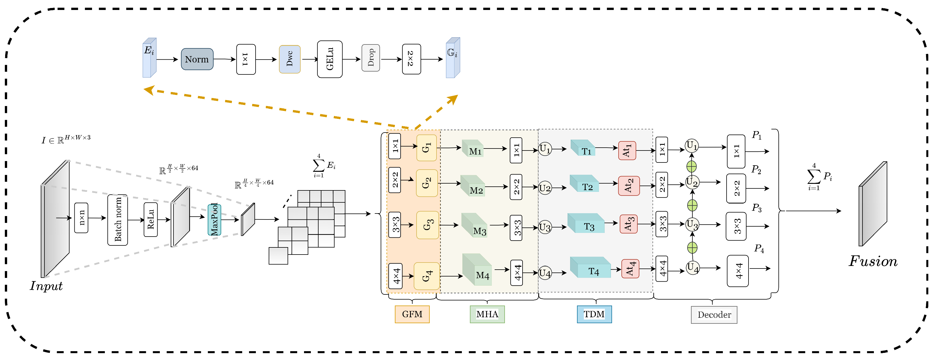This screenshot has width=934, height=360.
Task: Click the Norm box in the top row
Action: [197, 59]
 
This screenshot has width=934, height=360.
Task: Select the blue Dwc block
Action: [290, 59]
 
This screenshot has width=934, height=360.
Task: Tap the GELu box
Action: [330, 59]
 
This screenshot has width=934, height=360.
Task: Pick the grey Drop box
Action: [371, 58]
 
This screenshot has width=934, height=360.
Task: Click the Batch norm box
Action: [117, 220]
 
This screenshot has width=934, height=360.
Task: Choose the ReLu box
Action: [150, 220]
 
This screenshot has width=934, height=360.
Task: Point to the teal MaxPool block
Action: [214, 220]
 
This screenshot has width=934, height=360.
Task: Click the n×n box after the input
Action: [81, 218]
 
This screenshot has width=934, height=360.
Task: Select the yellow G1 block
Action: [426, 148]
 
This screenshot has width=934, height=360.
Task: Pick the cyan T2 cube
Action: [584, 184]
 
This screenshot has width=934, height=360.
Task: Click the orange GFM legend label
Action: [412, 314]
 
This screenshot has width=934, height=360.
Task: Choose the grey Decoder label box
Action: [714, 315]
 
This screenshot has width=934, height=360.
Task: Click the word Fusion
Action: [873, 261]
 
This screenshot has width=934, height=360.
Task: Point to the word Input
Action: [46, 286]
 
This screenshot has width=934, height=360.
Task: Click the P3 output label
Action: [757, 208]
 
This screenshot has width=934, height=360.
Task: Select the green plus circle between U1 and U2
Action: [692, 166]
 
